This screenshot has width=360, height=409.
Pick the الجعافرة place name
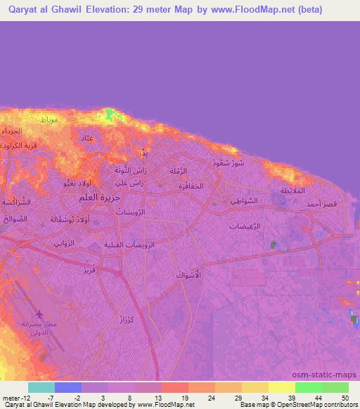point(188,186)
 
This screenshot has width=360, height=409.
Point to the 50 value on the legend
point(343,398)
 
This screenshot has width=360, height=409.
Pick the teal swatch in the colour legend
point(41,387)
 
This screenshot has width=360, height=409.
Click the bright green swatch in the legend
point(309,387)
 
